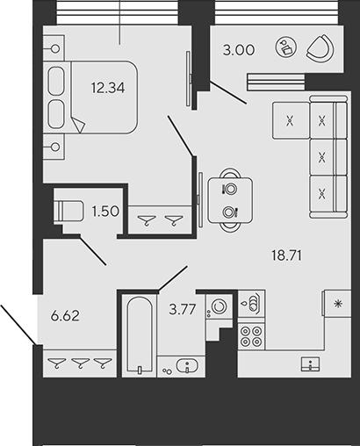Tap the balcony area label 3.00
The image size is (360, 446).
(x=239, y=51)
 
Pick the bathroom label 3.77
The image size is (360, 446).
(x=181, y=306)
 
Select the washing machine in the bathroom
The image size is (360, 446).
(x=217, y=309)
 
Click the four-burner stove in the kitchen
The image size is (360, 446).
(x=254, y=338)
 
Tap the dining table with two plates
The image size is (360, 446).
(x=230, y=199)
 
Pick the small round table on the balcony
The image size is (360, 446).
(x=287, y=49)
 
